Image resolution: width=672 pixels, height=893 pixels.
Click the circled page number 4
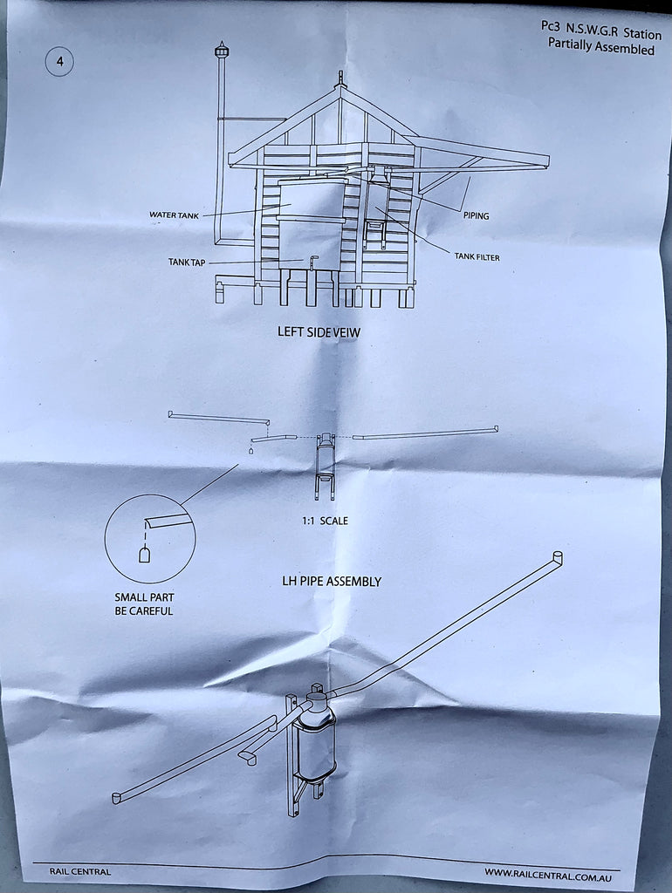click(59, 62)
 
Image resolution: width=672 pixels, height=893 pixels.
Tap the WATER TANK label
click(174, 215)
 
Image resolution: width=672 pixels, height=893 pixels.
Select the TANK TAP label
click(187, 262)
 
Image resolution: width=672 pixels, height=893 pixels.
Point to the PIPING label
click(476, 216)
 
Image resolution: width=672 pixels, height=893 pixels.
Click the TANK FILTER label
click(477, 257)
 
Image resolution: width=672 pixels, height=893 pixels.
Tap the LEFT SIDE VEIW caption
click(319, 331)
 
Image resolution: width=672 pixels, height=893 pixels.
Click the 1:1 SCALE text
click(325, 521)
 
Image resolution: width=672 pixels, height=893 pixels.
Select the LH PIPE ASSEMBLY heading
click(332, 582)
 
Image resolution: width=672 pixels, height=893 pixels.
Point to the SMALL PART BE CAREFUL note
click(144, 604)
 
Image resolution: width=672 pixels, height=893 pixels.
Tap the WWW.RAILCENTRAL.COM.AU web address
click(548, 874)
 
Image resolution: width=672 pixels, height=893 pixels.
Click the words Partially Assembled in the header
click(601, 46)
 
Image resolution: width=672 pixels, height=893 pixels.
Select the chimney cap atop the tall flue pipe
click(221, 50)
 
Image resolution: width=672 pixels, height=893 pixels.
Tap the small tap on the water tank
click(313, 262)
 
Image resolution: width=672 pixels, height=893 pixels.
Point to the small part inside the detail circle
click(145, 554)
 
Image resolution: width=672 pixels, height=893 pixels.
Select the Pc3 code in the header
click(550, 26)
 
